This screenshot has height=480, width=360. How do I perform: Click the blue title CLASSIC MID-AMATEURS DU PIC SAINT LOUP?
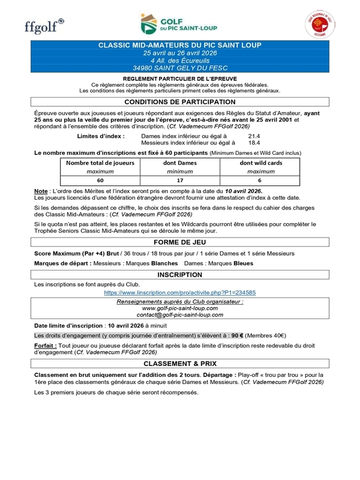(x=179, y=46)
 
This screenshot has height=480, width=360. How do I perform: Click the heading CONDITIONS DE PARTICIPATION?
(x=179, y=102)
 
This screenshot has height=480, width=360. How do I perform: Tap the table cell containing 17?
(x=181, y=179)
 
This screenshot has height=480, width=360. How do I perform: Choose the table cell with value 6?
(x=260, y=179)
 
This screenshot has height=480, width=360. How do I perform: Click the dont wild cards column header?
(x=260, y=162)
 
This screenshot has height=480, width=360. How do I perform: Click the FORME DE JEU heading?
(x=179, y=242)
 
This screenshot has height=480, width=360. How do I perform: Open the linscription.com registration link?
(x=180, y=292)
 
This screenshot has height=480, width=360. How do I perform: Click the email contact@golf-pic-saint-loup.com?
(x=180, y=314)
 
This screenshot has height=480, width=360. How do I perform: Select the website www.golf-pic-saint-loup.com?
(x=180, y=308)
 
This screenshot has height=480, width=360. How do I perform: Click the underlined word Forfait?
(x=45, y=346)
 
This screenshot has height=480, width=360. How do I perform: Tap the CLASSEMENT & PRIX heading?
(x=179, y=364)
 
